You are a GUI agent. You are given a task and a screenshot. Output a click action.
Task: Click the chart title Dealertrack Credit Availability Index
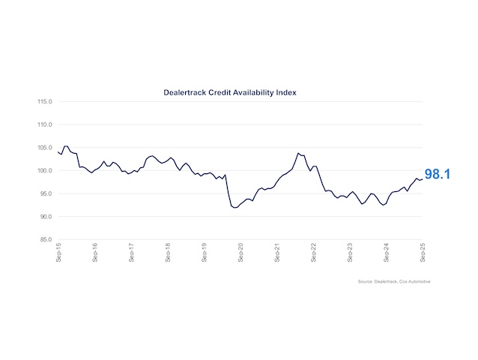coord(231,92)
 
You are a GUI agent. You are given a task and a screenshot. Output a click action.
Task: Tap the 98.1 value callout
coord(439,175)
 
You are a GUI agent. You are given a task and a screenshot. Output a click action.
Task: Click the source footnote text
coord(394,281)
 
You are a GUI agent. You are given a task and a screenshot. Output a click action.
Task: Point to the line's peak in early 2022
coord(298,153)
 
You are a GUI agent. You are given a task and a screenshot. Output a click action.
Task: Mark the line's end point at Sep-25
coord(423,178)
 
